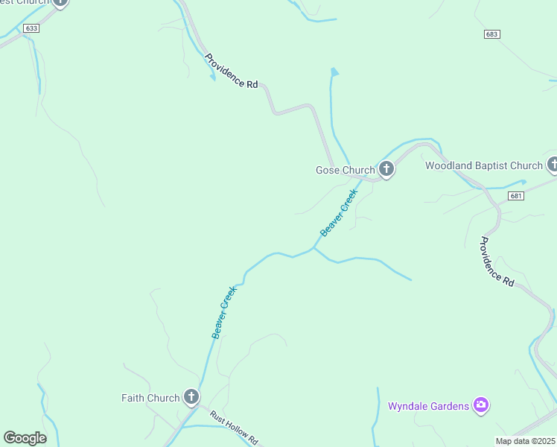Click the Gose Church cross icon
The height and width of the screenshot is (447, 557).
[386, 169]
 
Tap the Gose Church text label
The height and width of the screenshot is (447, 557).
[346, 170]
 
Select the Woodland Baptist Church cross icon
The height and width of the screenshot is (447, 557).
[553, 165]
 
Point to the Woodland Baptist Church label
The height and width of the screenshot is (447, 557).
[484, 165]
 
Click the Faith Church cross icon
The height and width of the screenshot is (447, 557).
[191, 397]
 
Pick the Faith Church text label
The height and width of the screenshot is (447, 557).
[150, 398]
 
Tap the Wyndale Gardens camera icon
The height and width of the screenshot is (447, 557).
[481, 405]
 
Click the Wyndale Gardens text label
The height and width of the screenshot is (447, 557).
[428, 406]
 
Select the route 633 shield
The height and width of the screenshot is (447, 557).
[31, 28]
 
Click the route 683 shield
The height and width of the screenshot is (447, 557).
[491, 34]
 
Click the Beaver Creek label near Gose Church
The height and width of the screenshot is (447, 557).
[339, 213]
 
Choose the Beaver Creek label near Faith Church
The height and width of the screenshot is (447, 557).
[223, 313]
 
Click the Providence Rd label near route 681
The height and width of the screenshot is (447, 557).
[497, 261]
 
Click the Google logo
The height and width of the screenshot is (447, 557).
[25, 438]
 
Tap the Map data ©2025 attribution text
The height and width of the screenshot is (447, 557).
[526, 441]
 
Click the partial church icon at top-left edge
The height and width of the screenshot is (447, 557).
[60, 2]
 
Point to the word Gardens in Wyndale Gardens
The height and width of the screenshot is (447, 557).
[450, 406]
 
